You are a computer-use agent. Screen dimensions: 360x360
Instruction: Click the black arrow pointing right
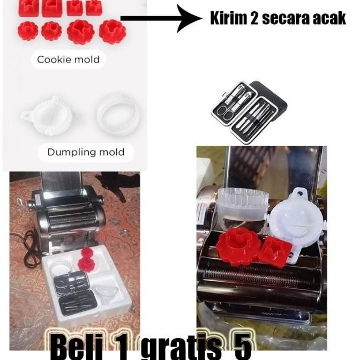pos(161,18)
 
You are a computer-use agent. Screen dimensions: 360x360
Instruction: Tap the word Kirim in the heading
pos(228,18)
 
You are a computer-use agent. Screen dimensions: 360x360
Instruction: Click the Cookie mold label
pos(68,59)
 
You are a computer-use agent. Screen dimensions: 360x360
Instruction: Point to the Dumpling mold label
pos(86,152)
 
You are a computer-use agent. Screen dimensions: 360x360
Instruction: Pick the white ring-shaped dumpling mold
pos(118,114)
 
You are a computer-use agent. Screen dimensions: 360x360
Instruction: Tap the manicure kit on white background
pos(249,112)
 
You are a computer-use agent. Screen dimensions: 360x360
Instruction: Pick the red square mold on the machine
pos(276,251)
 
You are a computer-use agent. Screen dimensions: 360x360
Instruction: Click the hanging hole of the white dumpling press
pos(299,193)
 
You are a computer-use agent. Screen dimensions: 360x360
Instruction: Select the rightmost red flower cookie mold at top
pos(112,32)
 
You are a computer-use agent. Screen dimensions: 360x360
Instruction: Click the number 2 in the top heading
pos(254,18)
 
